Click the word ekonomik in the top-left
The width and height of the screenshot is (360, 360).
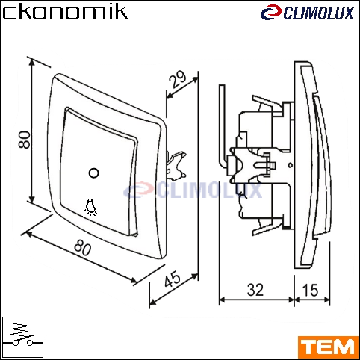65,12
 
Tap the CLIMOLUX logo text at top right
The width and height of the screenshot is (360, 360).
319,13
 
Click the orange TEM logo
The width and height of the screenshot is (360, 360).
328,347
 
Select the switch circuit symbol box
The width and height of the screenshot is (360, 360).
22,338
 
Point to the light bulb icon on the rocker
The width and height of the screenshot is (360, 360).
90,207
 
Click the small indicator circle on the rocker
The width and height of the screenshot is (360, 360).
94,173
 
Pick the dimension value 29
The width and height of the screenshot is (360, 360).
178,79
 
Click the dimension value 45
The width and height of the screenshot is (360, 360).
172,279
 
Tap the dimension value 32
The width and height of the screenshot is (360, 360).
255,290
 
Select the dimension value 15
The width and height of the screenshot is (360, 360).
310,290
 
